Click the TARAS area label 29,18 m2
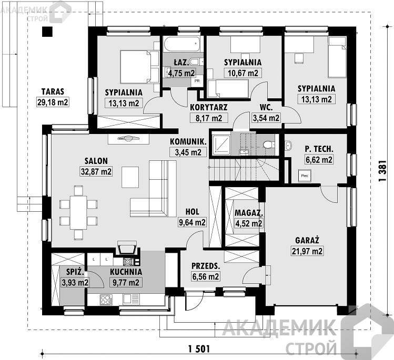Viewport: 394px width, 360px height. click(x=53, y=102)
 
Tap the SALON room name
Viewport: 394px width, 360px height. click(x=96, y=161)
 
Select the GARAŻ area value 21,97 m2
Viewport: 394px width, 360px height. click(x=307, y=251)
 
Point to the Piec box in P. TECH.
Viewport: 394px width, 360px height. click(x=305, y=176)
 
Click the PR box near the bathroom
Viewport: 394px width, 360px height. click(x=197, y=81)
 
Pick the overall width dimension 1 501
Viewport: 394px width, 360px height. click(x=199, y=349)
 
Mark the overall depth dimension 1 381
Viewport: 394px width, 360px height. click(x=382, y=171)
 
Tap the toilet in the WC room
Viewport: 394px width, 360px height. click(x=268, y=145)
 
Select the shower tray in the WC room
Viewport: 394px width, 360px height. click(x=221, y=145)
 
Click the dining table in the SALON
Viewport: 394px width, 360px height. click(x=78, y=212)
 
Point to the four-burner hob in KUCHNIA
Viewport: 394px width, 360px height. click(x=106, y=300)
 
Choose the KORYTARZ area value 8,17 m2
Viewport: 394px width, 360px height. click(x=208, y=118)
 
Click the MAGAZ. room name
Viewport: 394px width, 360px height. click(x=249, y=213)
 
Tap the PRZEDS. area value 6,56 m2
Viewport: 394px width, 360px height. click(x=206, y=276)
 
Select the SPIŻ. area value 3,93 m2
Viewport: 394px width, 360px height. click(x=75, y=282)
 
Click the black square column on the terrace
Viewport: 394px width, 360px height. click(x=47, y=32)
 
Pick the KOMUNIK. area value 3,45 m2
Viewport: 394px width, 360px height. click(x=188, y=152)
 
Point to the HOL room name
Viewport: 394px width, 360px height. click(x=192, y=212)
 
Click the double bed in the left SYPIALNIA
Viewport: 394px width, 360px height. click(x=139, y=67)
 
